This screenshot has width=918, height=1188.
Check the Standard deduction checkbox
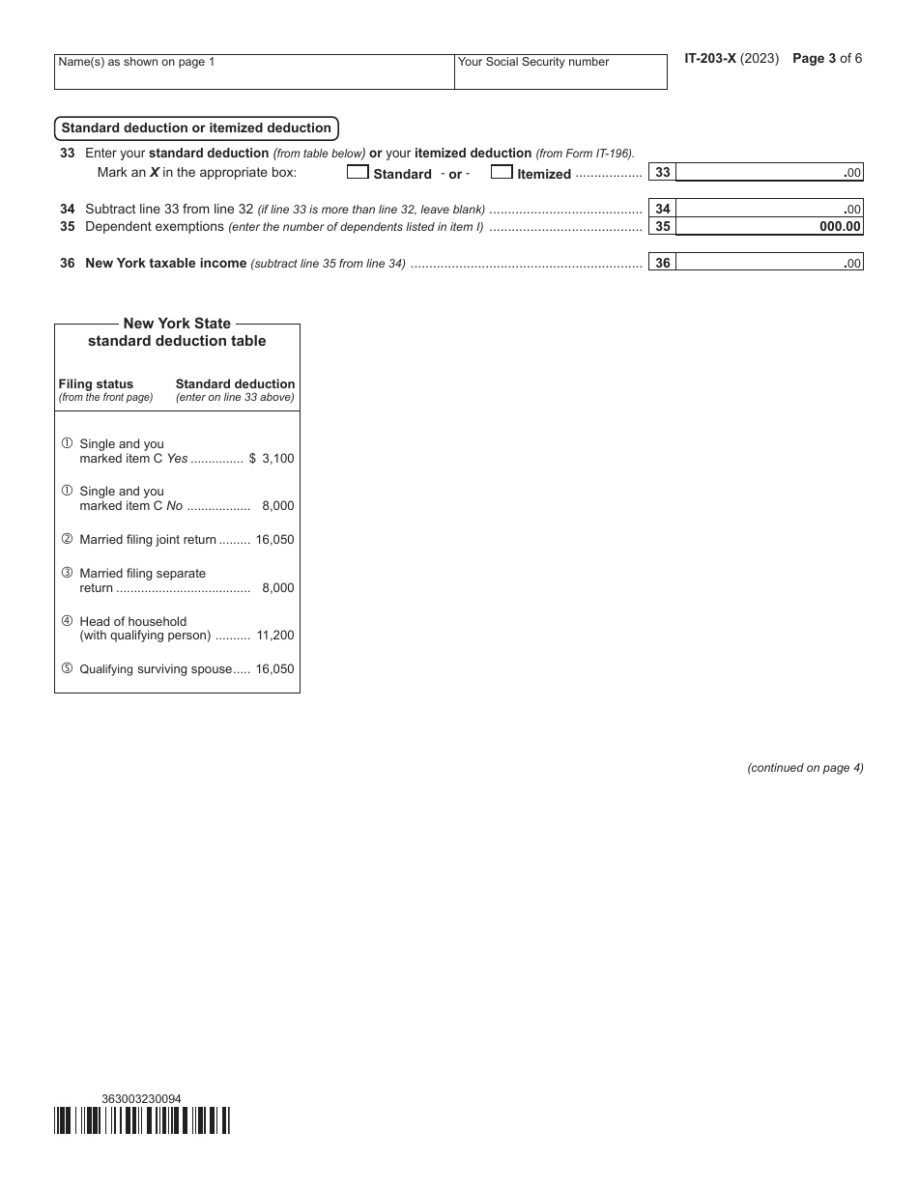(x=358, y=173)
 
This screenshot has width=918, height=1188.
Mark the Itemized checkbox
(x=502, y=173)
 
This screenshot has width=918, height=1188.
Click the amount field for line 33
(x=768, y=173)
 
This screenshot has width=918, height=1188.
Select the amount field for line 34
(x=768, y=209)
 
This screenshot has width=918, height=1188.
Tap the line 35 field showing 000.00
(x=768, y=227)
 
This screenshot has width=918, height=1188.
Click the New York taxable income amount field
(x=768, y=263)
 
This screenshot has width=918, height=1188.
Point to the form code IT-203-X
(x=710, y=59)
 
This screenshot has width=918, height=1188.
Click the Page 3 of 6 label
(x=827, y=59)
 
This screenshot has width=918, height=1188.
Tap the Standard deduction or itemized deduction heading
(x=196, y=128)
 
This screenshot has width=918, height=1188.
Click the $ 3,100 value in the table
(x=272, y=459)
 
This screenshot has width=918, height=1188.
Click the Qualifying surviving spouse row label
(x=156, y=669)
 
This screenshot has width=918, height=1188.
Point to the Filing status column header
(x=96, y=384)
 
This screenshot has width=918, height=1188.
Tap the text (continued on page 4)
(x=805, y=768)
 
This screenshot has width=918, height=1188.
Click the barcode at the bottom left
(x=142, y=1120)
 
